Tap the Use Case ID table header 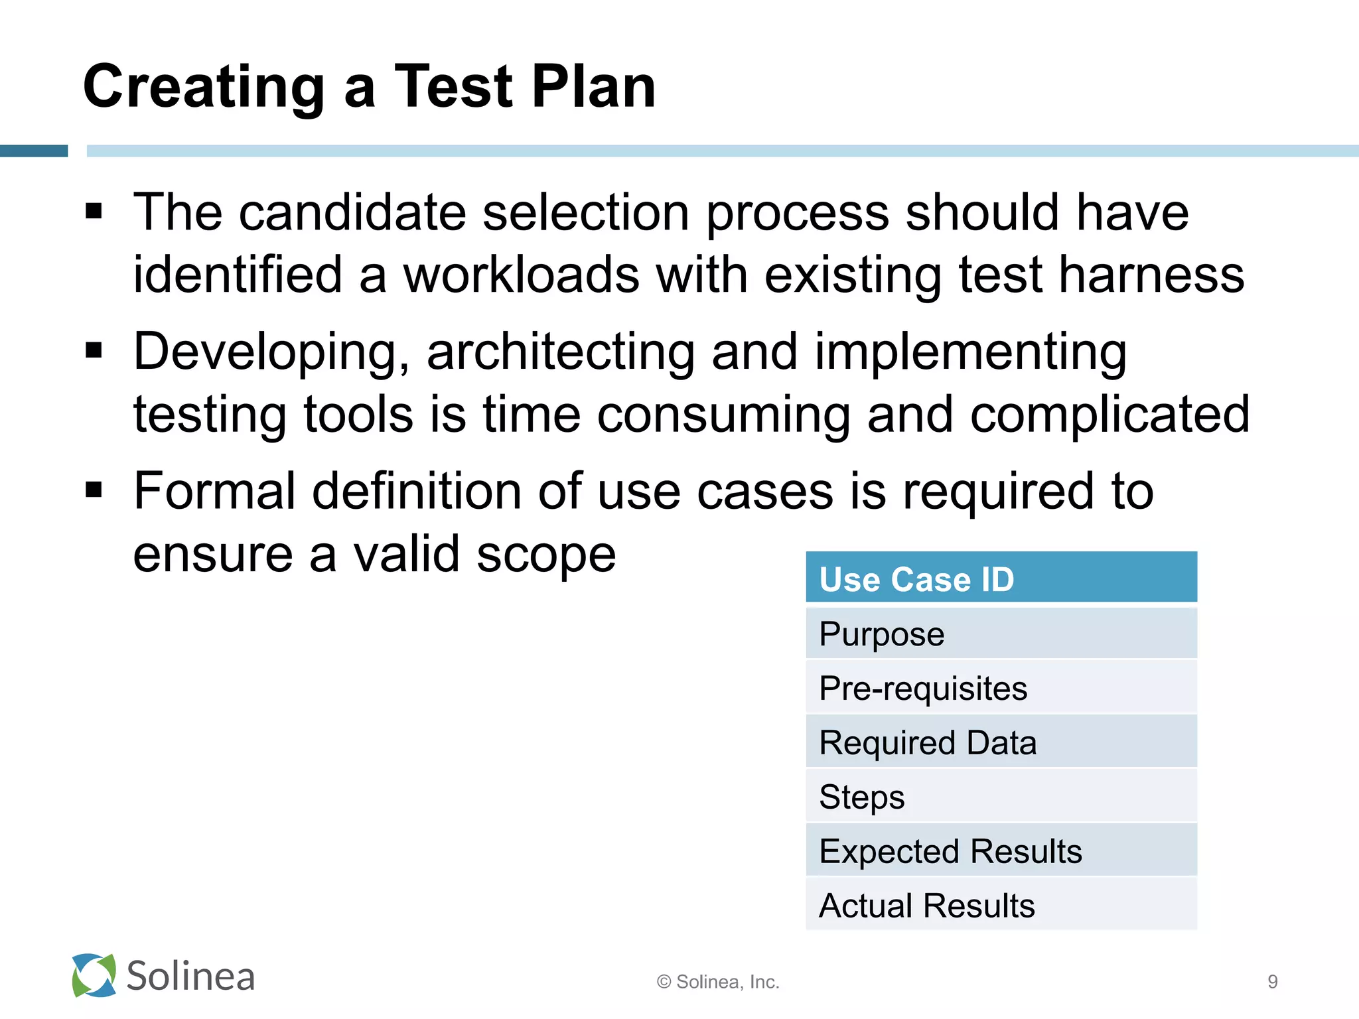click(1001, 578)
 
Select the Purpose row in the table click(1001, 634)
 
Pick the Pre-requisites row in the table click(1001, 688)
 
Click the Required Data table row click(1001, 742)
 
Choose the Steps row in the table click(1001, 797)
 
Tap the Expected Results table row click(1001, 851)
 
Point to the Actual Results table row click(1001, 906)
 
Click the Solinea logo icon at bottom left click(94, 975)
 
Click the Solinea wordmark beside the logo click(190, 977)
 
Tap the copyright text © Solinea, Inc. click(718, 982)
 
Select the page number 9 click(1272, 982)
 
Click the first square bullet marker click(94, 212)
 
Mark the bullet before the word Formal click(94, 490)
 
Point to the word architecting click(561, 352)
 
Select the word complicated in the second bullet click(1109, 415)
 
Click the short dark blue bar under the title click(34, 151)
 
